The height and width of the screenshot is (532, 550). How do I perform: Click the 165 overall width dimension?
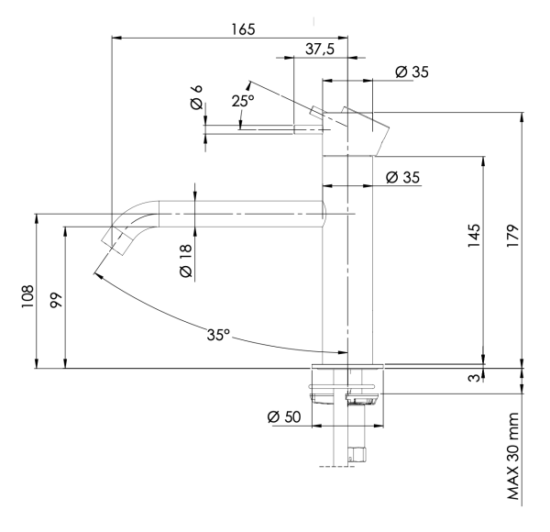coord(242,28)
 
